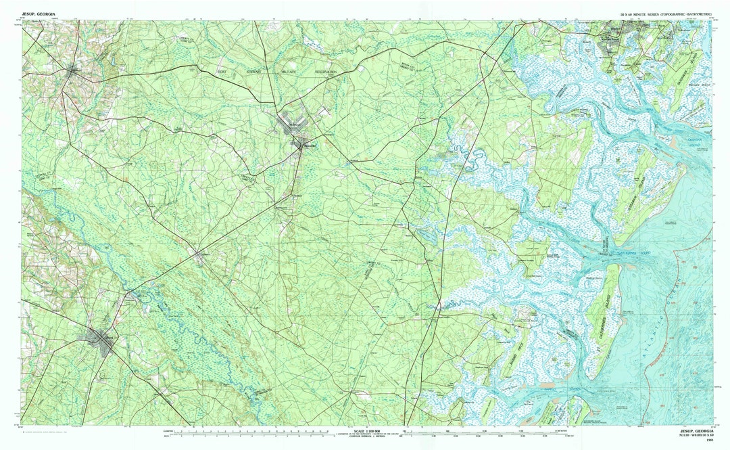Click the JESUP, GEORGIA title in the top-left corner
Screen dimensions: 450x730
pyautogui.click(x=39, y=14)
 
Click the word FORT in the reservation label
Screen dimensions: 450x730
pyautogui.click(x=221, y=71)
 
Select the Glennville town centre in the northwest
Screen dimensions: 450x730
pyautogui.click(x=74, y=69)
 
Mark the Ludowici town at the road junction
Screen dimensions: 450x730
pyautogui.click(x=200, y=255)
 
